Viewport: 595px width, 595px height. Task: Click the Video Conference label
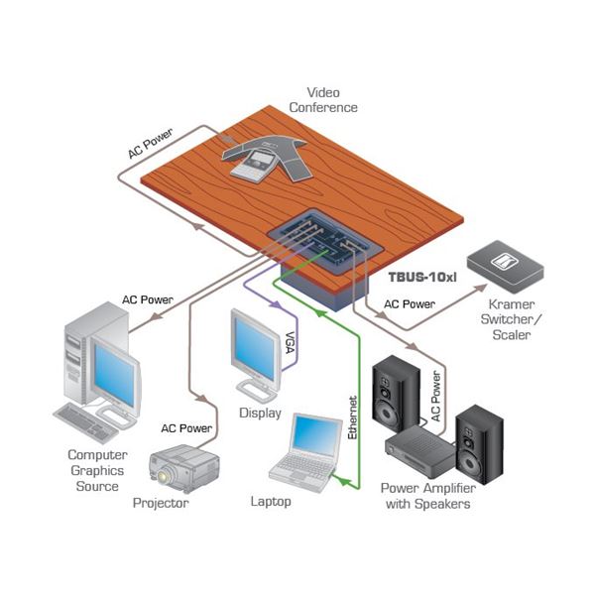point(331,99)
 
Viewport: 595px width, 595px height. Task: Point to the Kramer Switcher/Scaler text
point(509,317)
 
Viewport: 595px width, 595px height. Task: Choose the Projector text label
point(161,504)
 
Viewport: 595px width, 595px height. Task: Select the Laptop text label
point(270,502)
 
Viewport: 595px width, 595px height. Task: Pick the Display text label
point(260,413)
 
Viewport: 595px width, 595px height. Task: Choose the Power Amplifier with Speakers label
point(426,495)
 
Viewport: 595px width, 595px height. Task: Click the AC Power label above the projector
point(186,428)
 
